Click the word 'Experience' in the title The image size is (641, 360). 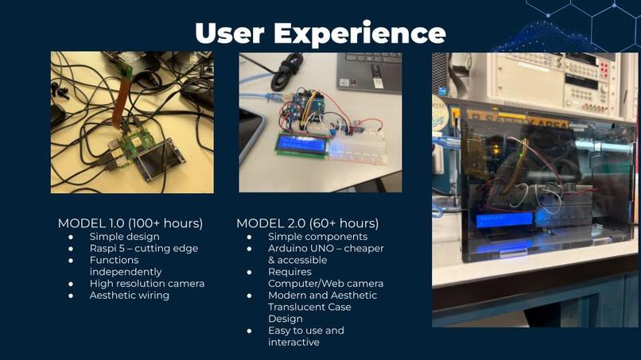(359, 33)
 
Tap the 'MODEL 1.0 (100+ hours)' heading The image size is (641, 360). (130, 223)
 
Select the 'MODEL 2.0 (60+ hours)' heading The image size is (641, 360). (307, 223)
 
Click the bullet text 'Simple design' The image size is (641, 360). (124, 237)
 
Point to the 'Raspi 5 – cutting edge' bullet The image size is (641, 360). (143, 248)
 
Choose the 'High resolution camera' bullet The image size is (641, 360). (147, 284)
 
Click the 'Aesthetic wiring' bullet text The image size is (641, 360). (130, 296)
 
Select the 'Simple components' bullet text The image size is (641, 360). (317, 237)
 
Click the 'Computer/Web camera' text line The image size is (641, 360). (325, 284)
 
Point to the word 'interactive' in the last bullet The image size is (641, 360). (293, 342)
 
